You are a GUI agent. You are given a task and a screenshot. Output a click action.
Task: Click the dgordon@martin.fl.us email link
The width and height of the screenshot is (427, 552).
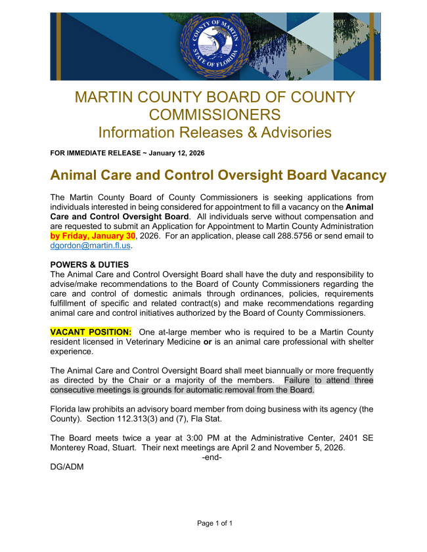(x=91, y=245)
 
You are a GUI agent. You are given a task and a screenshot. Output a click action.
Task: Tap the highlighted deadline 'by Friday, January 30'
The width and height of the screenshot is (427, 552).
(x=93, y=236)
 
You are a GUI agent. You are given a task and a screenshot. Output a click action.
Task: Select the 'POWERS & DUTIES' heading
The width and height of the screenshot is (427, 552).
(x=86, y=265)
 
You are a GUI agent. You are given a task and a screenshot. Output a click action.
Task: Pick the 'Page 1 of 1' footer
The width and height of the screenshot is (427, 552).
(x=215, y=523)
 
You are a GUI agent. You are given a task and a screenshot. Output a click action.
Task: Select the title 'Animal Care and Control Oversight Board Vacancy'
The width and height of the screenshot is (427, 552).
(x=218, y=176)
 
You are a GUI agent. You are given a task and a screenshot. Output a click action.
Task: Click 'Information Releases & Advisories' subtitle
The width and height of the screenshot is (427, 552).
(x=214, y=132)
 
